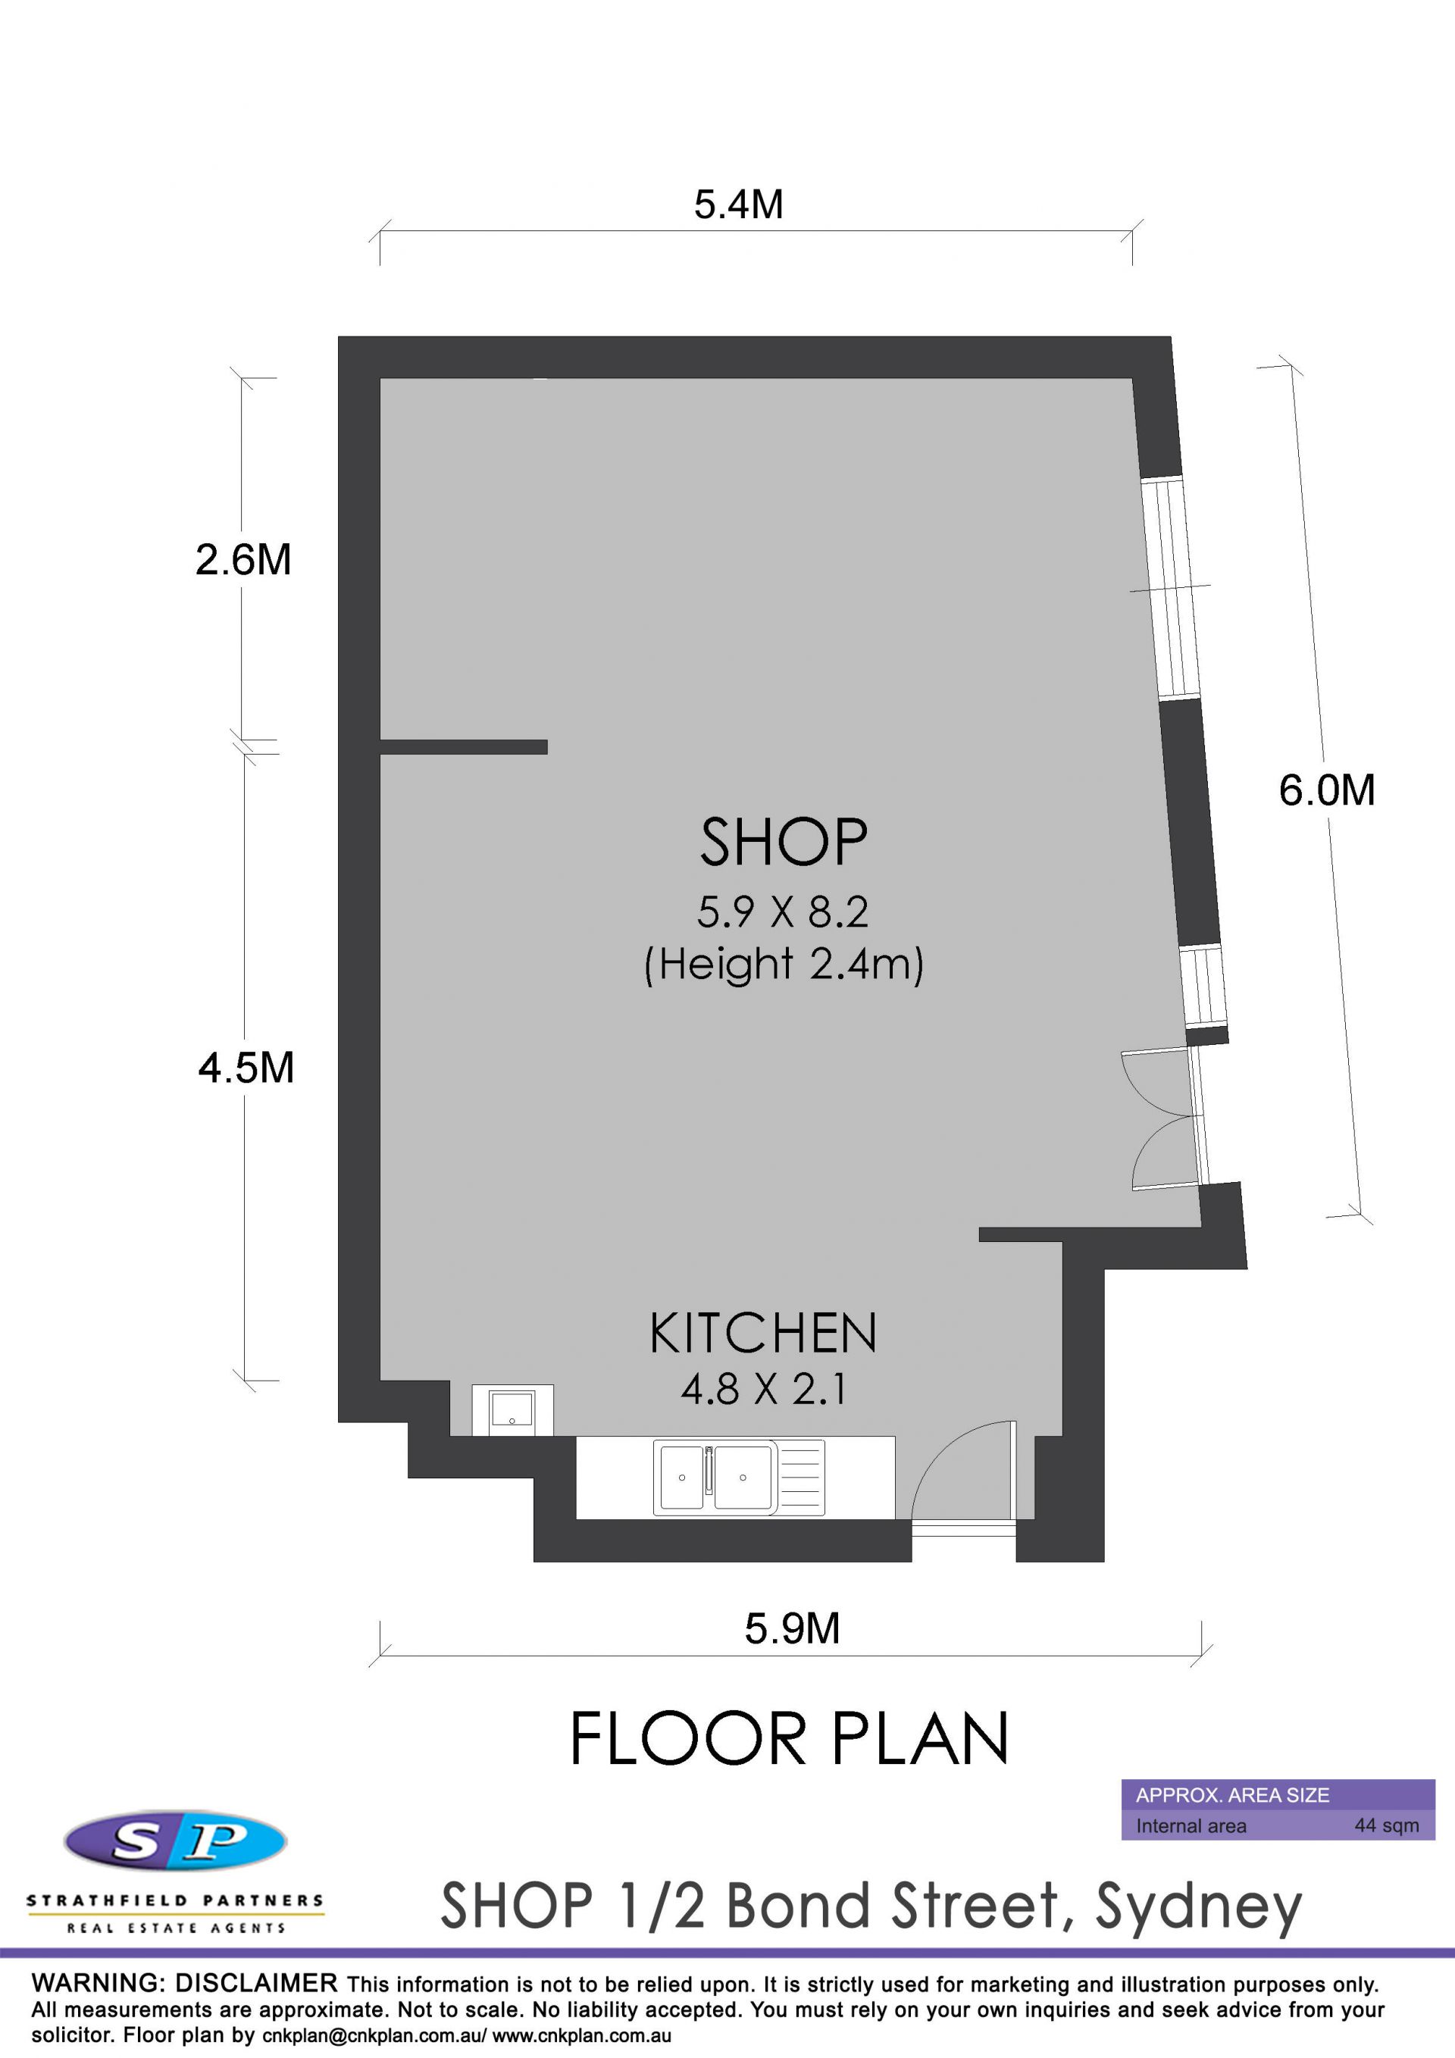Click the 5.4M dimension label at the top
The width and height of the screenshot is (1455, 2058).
click(739, 205)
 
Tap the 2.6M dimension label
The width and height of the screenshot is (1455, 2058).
click(244, 559)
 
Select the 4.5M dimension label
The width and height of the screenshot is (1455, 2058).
click(246, 1068)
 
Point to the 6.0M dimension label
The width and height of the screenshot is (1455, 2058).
click(1327, 790)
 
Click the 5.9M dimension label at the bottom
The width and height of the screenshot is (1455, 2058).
click(793, 1628)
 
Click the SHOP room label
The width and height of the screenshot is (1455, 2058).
click(784, 843)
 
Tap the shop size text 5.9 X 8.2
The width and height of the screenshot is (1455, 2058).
click(783, 912)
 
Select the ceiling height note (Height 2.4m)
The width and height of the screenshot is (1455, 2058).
click(784, 965)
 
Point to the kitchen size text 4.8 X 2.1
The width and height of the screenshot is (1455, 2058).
click(764, 1390)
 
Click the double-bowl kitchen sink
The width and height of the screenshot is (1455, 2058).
click(739, 1477)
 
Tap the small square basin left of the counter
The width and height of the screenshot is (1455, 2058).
click(512, 1410)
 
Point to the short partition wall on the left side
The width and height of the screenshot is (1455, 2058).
click(464, 746)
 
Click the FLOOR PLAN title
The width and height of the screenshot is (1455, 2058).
click(789, 1740)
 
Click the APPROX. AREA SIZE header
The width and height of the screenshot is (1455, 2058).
click(1231, 1795)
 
